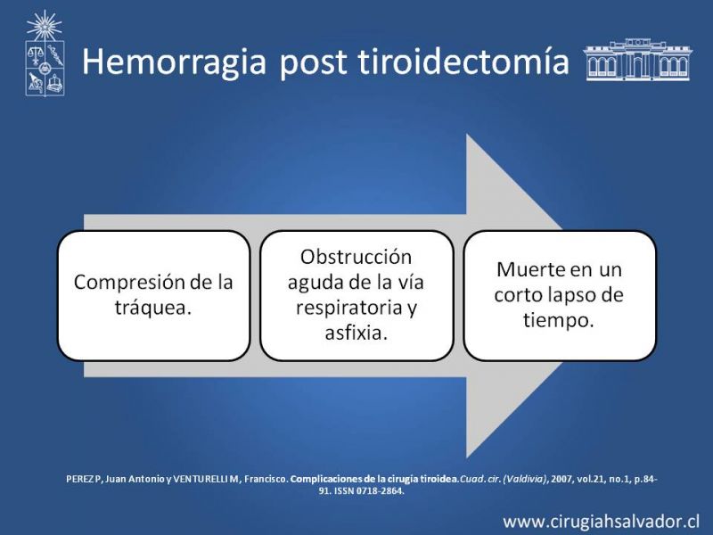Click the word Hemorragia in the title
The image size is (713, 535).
(x=174, y=62)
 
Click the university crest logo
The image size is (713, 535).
(x=45, y=53)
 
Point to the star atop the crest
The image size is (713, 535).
(x=44, y=26)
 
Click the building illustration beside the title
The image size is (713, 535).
(x=637, y=60)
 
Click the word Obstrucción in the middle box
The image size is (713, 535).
(x=356, y=258)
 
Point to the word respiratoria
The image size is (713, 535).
(x=349, y=309)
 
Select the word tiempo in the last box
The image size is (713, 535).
(x=555, y=320)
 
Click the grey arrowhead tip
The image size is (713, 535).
(x=563, y=226)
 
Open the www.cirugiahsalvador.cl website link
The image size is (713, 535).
(x=601, y=522)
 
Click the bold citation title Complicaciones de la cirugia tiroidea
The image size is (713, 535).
(x=374, y=479)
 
